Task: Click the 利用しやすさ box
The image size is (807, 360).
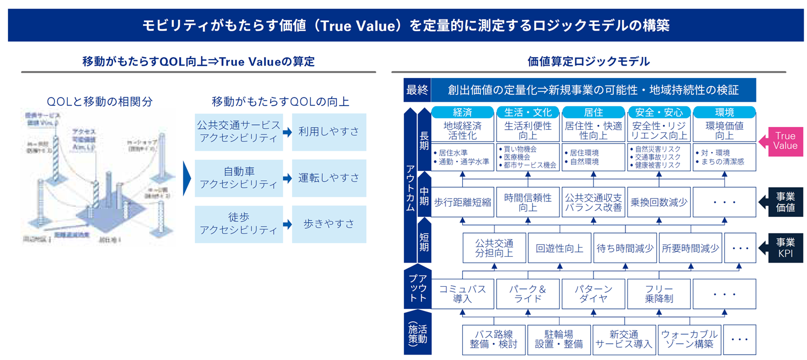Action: [329, 132]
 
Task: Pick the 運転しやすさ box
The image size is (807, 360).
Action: [329, 178]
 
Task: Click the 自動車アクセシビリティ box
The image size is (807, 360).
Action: [239, 178]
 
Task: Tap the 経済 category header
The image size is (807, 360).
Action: [463, 112]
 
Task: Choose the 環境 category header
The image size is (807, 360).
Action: [724, 112]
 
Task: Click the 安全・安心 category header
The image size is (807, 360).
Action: [659, 112]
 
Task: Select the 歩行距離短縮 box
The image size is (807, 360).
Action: [463, 202]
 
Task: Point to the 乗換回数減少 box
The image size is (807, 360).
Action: [659, 202]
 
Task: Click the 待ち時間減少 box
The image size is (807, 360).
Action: [625, 248]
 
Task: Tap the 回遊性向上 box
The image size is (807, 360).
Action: [560, 248]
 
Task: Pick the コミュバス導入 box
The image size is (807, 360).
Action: [463, 294]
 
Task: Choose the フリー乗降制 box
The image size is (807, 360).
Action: [659, 294]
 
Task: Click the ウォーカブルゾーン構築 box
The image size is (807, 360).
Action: [689, 340]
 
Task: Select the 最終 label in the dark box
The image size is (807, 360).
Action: [417, 90]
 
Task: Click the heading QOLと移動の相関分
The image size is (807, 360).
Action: [100, 102]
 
